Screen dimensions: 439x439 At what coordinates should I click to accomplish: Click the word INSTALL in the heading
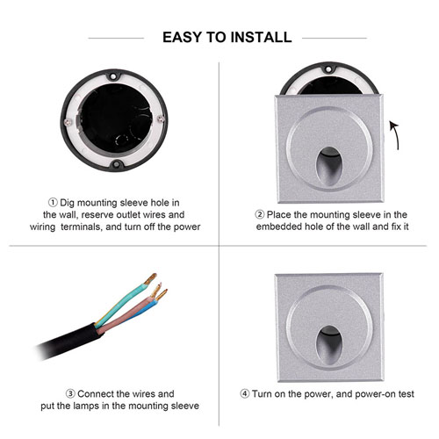(x=261, y=38)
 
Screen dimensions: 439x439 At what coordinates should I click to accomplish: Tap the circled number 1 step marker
(x=53, y=203)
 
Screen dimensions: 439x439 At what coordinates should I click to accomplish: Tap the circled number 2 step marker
(x=259, y=214)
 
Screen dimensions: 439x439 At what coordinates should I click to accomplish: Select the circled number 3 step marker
(x=70, y=393)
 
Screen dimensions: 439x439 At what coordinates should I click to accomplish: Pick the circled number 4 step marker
(x=245, y=393)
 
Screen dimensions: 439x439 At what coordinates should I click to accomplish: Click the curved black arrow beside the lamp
(x=394, y=135)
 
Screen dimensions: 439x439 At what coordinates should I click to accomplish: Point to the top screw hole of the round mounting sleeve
(x=112, y=76)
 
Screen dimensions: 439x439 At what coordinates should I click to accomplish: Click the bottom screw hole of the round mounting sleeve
(x=117, y=164)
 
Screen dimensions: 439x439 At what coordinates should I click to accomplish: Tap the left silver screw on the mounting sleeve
(x=68, y=121)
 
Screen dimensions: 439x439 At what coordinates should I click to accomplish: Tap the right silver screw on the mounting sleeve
(x=160, y=119)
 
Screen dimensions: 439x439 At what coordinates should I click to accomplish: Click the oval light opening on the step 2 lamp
(x=329, y=166)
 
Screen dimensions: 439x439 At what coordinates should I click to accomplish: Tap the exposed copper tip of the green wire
(x=151, y=278)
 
